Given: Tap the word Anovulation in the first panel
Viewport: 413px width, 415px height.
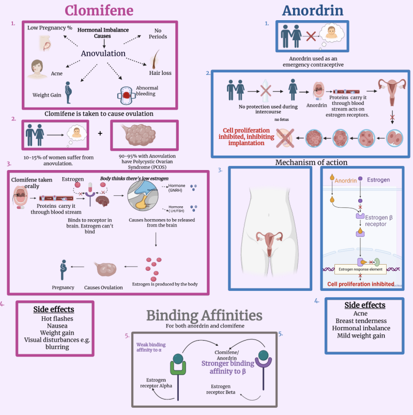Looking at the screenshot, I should click(103, 53).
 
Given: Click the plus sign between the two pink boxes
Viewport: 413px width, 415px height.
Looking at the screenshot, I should click(100, 133).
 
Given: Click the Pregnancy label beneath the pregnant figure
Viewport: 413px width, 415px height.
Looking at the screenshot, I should click(63, 287).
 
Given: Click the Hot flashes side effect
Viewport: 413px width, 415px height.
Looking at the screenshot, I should click(53, 319).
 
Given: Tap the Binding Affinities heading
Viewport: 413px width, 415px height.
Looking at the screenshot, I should click(204, 315).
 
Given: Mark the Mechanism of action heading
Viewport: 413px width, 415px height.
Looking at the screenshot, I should click(311, 162).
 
